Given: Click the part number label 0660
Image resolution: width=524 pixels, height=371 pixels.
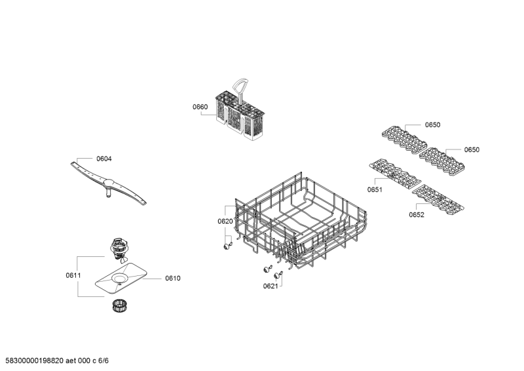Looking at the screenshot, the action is pyautogui.click(x=200, y=107).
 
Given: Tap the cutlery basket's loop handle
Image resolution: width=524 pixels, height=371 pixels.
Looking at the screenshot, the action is pyautogui.click(x=241, y=85).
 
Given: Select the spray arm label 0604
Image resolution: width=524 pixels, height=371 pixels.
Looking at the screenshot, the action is pyautogui.click(x=104, y=159).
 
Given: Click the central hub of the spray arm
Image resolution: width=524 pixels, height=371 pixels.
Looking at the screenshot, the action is pyautogui.click(x=109, y=183).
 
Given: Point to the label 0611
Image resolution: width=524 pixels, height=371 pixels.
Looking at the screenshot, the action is pyautogui.click(x=73, y=275).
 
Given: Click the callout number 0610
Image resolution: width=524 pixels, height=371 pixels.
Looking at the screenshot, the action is pyautogui.click(x=173, y=278).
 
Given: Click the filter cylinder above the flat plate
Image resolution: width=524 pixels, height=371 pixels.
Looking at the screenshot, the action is pyautogui.click(x=119, y=249).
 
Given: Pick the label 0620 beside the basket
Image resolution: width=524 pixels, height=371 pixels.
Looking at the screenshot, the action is pyautogui.click(x=225, y=221).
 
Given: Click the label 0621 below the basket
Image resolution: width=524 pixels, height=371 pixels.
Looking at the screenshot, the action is pyautogui.click(x=271, y=286).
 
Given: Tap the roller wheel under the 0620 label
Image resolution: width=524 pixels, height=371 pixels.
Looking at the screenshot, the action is pyautogui.click(x=227, y=246).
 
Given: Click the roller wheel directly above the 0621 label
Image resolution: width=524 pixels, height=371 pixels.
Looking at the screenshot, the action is pyautogui.click(x=278, y=275).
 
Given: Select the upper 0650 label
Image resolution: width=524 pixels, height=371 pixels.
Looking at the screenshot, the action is pyautogui.click(x=432, y=125).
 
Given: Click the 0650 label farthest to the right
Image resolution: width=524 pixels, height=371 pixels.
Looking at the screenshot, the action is pyautogui.click(x=472, y=149).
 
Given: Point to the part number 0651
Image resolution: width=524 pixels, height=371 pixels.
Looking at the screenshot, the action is pyautogui.click(x=375, y=189).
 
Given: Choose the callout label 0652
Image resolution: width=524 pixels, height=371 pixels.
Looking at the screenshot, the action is pyautogui.click(x=417, y=214).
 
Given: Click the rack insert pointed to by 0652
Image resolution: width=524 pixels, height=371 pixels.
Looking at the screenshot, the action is pyautogui.click(x=438, y=199).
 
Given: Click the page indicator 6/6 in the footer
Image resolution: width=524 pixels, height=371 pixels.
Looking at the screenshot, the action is pyautogui.click(x=103, y=361).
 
